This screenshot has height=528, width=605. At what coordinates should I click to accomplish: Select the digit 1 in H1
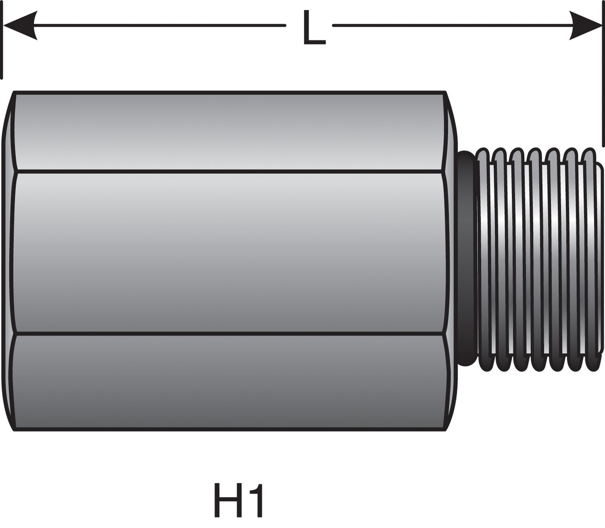(257, 500)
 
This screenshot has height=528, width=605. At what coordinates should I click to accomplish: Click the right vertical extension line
(603, 75)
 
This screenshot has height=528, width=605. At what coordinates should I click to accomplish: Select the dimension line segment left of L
(159, 25)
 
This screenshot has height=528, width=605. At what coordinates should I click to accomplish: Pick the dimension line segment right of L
(451, 25)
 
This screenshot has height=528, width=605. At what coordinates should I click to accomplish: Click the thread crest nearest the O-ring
(483, 259)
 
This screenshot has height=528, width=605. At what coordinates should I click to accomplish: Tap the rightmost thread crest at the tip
(590, 259)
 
